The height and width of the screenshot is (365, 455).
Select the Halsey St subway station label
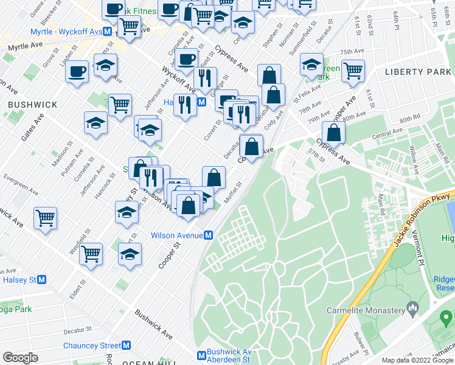tap(21, 279)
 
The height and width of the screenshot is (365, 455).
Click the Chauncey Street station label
tap(92, 346)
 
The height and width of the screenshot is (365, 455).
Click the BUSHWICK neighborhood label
tap(33, 105)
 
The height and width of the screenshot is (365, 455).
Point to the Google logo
tap(20, 357)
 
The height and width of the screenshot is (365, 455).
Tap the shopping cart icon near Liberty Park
tap(353, 71)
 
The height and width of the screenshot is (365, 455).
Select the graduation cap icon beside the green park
tap(311, 64)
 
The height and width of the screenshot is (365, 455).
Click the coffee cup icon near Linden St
tap(77, 71)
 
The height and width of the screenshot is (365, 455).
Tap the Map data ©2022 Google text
tap(417, 360)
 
